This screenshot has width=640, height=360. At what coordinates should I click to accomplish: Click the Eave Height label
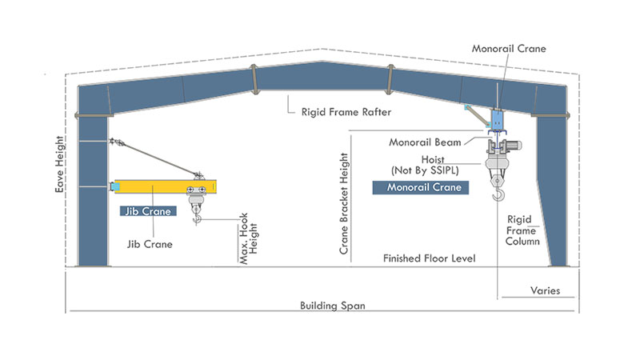tap(59, 164)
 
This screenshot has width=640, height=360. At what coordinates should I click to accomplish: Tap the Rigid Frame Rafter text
tap(346, 112)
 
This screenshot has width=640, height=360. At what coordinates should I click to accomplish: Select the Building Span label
tap(333, 306)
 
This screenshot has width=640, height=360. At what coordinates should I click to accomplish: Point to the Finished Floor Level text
tap(430, 258)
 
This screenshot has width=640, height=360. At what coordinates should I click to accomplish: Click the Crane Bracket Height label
tap(344, 204)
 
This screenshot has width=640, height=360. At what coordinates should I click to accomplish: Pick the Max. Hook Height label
tap(248, 238)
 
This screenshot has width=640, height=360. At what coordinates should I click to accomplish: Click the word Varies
tap(546, 290)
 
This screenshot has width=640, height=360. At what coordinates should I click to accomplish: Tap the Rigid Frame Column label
tap(522, 230)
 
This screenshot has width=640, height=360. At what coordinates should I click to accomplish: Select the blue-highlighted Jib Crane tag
tap(148, 211)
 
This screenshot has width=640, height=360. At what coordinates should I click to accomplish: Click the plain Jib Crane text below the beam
tap(150, 244)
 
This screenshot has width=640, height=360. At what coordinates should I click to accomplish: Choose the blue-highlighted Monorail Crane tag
tap(421, 187)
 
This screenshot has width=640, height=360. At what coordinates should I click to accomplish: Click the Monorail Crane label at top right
tap(509, 49)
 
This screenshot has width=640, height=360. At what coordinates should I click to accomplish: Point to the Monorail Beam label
tap(425, 142)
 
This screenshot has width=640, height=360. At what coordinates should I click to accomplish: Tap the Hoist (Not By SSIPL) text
tap(425, 165)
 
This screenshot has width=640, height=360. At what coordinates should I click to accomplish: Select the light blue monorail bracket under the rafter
tap(497, 120)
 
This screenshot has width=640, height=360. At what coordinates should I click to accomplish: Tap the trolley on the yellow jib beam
tap(196, 190)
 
